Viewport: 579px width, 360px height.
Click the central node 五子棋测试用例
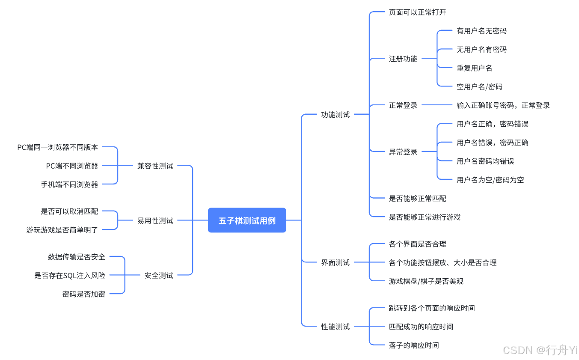click(x=247, y=220)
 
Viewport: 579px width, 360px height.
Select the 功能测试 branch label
click(x=335, y=115)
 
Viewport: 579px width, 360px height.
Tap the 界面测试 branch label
click(x=335, y=262)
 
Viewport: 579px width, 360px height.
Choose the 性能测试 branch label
click(x=335, y=327)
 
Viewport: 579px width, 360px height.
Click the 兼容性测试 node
click(x=155, y=166)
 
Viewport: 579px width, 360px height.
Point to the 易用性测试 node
click(x=155, y=220)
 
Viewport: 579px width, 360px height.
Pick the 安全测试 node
click(x=159, y=275)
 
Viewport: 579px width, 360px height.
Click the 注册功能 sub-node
click(x=403, y=59)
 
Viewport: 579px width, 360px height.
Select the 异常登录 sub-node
click(x=403, y=152)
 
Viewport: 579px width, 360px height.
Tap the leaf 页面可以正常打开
click(x=417, y=12)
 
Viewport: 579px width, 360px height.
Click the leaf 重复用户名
click(x=474, y=68)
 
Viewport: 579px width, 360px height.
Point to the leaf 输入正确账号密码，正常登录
click(x=503, y=105)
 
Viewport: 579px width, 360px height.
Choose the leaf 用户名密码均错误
click(x=485, y=161)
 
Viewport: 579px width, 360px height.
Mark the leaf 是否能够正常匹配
click(x=417, y=198)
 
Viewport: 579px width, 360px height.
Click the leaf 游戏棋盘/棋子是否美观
click(x=426, y=281)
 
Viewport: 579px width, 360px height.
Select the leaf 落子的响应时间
click(x=413, y=345)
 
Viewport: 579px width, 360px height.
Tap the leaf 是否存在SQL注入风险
click(x=70, y=275)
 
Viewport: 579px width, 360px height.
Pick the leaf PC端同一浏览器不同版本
click(x=57, y=147)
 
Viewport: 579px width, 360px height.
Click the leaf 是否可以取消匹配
click(x=69, y=211)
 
